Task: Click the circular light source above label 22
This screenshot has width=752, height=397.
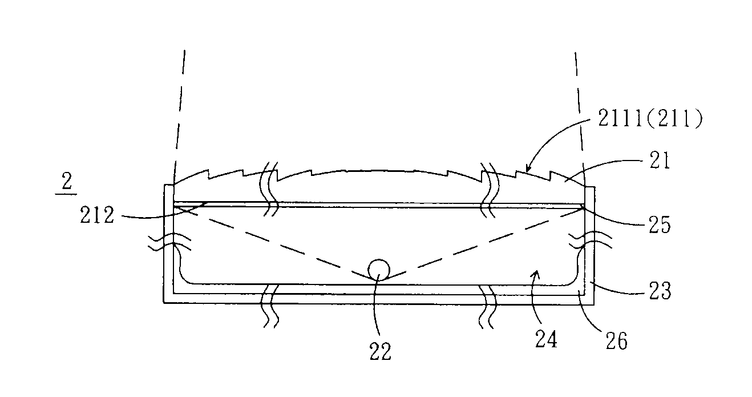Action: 379,270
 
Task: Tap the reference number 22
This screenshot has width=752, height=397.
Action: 381,352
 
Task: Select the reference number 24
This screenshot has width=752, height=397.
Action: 546,339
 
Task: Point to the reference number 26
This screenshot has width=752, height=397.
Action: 617,341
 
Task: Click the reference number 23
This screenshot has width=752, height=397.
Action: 660,291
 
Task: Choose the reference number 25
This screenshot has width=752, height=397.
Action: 660,225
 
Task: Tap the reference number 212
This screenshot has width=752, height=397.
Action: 98,215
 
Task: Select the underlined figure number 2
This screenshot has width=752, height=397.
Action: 67,183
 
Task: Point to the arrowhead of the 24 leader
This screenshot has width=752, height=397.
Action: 536,275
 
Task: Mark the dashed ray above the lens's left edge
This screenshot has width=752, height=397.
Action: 180,116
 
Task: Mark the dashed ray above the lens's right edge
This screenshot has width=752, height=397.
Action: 580,118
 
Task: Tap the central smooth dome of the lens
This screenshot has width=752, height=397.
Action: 379,171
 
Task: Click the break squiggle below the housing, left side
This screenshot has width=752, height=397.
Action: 270,307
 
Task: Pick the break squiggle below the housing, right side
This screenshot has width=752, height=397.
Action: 487,307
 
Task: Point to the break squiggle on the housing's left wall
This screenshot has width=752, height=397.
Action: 169,242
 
